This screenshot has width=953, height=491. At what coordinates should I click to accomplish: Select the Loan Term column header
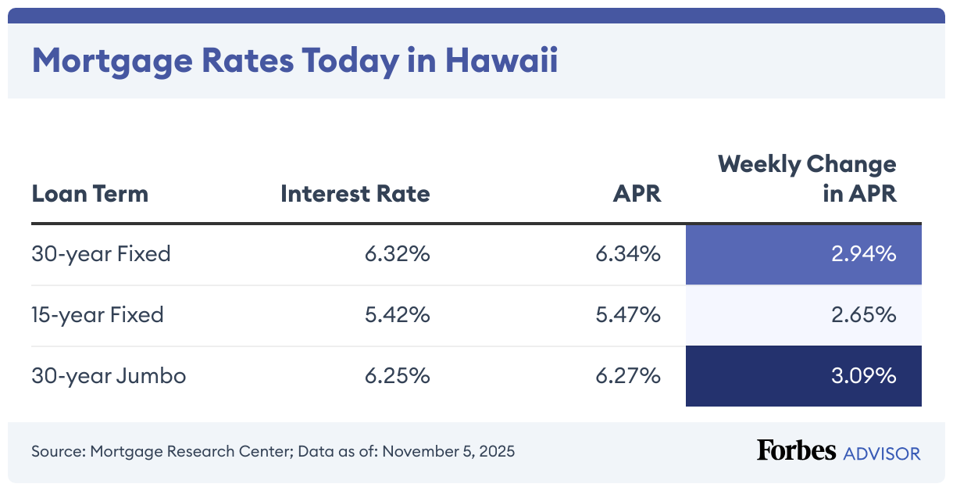pyautogui.click(x=90, y=194)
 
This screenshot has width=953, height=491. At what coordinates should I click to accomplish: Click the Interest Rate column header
pyautogui.click(x=355, y=194)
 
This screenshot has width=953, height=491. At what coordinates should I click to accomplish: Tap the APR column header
pyautogui.click(x=637, y=194)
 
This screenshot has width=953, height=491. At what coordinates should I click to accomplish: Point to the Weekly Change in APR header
pyautogui.click(x=807, y=179)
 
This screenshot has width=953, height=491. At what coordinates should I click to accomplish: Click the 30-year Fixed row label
pyautogui.click(x=101, y=254)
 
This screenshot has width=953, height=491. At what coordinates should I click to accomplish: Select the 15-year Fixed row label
pyautogui.click(x=98, y=315)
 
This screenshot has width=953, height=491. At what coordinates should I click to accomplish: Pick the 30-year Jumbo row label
pyautogui.click(x=109, y=376)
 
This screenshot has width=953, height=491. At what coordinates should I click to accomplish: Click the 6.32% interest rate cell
pyautogui.click(x=397, y=254)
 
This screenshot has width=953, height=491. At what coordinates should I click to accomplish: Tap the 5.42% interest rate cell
pyautogui.click(x=397, y=315)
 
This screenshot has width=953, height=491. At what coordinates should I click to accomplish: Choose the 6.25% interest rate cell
pyautogui.click(x=397, y=376)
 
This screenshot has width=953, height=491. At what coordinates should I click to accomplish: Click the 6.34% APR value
pyautogui.click(x=628, y=254)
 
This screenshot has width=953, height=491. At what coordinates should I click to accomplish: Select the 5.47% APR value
pyautogui.click(x=628, y=315)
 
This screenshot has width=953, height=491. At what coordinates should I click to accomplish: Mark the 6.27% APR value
pyautogui.click(x=628, y=376)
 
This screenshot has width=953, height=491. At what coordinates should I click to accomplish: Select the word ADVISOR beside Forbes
pyautogui.click(x=882, y=453)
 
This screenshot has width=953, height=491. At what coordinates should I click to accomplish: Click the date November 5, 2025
pyautogui.click(x=448, y=452)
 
